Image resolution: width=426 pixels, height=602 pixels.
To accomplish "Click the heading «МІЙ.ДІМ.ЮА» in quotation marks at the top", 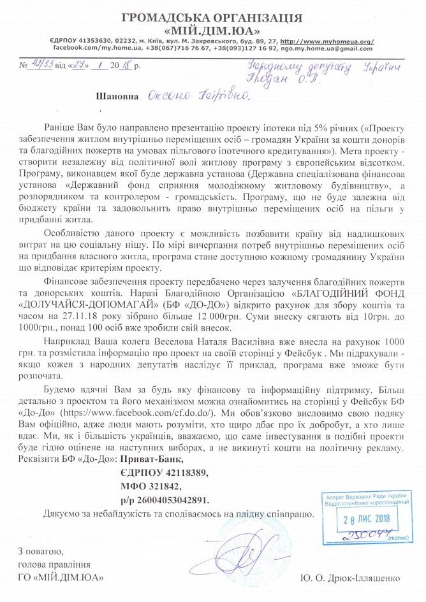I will click(x=212, y=29).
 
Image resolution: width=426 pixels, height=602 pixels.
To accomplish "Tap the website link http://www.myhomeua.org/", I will click(x=327, y=41).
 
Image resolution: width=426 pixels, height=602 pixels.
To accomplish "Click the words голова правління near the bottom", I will click(x=54, y=564).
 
